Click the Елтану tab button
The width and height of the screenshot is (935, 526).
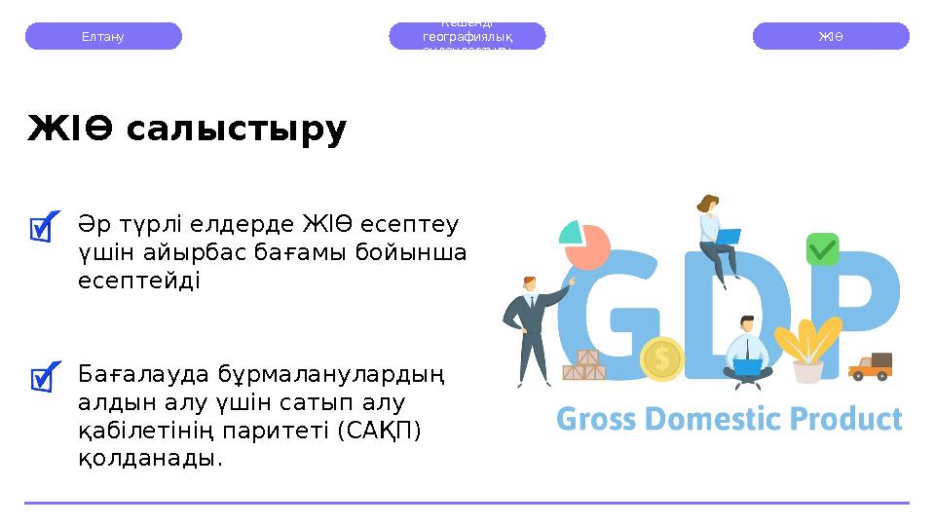pos(103,36)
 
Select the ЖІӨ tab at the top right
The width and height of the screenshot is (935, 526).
pos(831,36)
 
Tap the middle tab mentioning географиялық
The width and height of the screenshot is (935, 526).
pos(467,36)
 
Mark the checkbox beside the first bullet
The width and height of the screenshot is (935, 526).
pos(44,227)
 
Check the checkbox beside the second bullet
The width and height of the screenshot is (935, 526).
pos(44,376)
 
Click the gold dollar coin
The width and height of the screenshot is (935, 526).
pos(662,358)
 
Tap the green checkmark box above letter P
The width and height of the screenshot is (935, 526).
pos(822,249)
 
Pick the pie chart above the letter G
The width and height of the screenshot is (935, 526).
pos(583,244)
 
